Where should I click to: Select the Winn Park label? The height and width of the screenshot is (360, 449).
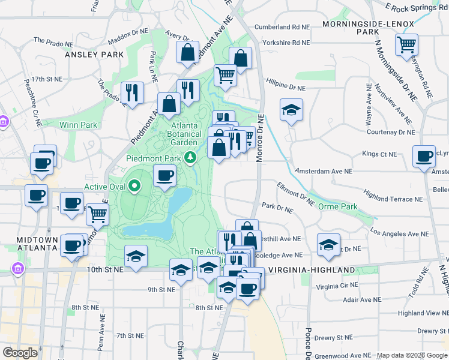[x=78, y=125]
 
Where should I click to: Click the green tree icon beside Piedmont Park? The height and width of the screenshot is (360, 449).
[x=191, y=158]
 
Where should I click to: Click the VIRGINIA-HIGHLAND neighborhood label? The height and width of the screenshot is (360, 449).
[x=312, y=271]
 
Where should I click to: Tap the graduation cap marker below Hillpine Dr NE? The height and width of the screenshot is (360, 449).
[x=291, y=110]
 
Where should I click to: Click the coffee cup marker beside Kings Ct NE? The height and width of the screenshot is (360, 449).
[x=424, y=157]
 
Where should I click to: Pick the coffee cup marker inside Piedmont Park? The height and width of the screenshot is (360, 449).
[x=165, y=176]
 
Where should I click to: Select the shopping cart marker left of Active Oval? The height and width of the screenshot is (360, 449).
[x=97, y=214]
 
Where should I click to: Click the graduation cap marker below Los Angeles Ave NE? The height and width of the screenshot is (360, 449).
[x=328, y=245]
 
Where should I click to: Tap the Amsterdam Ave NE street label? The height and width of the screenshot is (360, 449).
[x=324, y=171]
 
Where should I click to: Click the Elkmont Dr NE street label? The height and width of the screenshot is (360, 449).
[x=296, y=194]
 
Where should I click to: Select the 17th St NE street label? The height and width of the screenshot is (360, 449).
[x=47, y=79]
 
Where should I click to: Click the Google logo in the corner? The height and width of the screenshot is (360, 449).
[x=20, y=353]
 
